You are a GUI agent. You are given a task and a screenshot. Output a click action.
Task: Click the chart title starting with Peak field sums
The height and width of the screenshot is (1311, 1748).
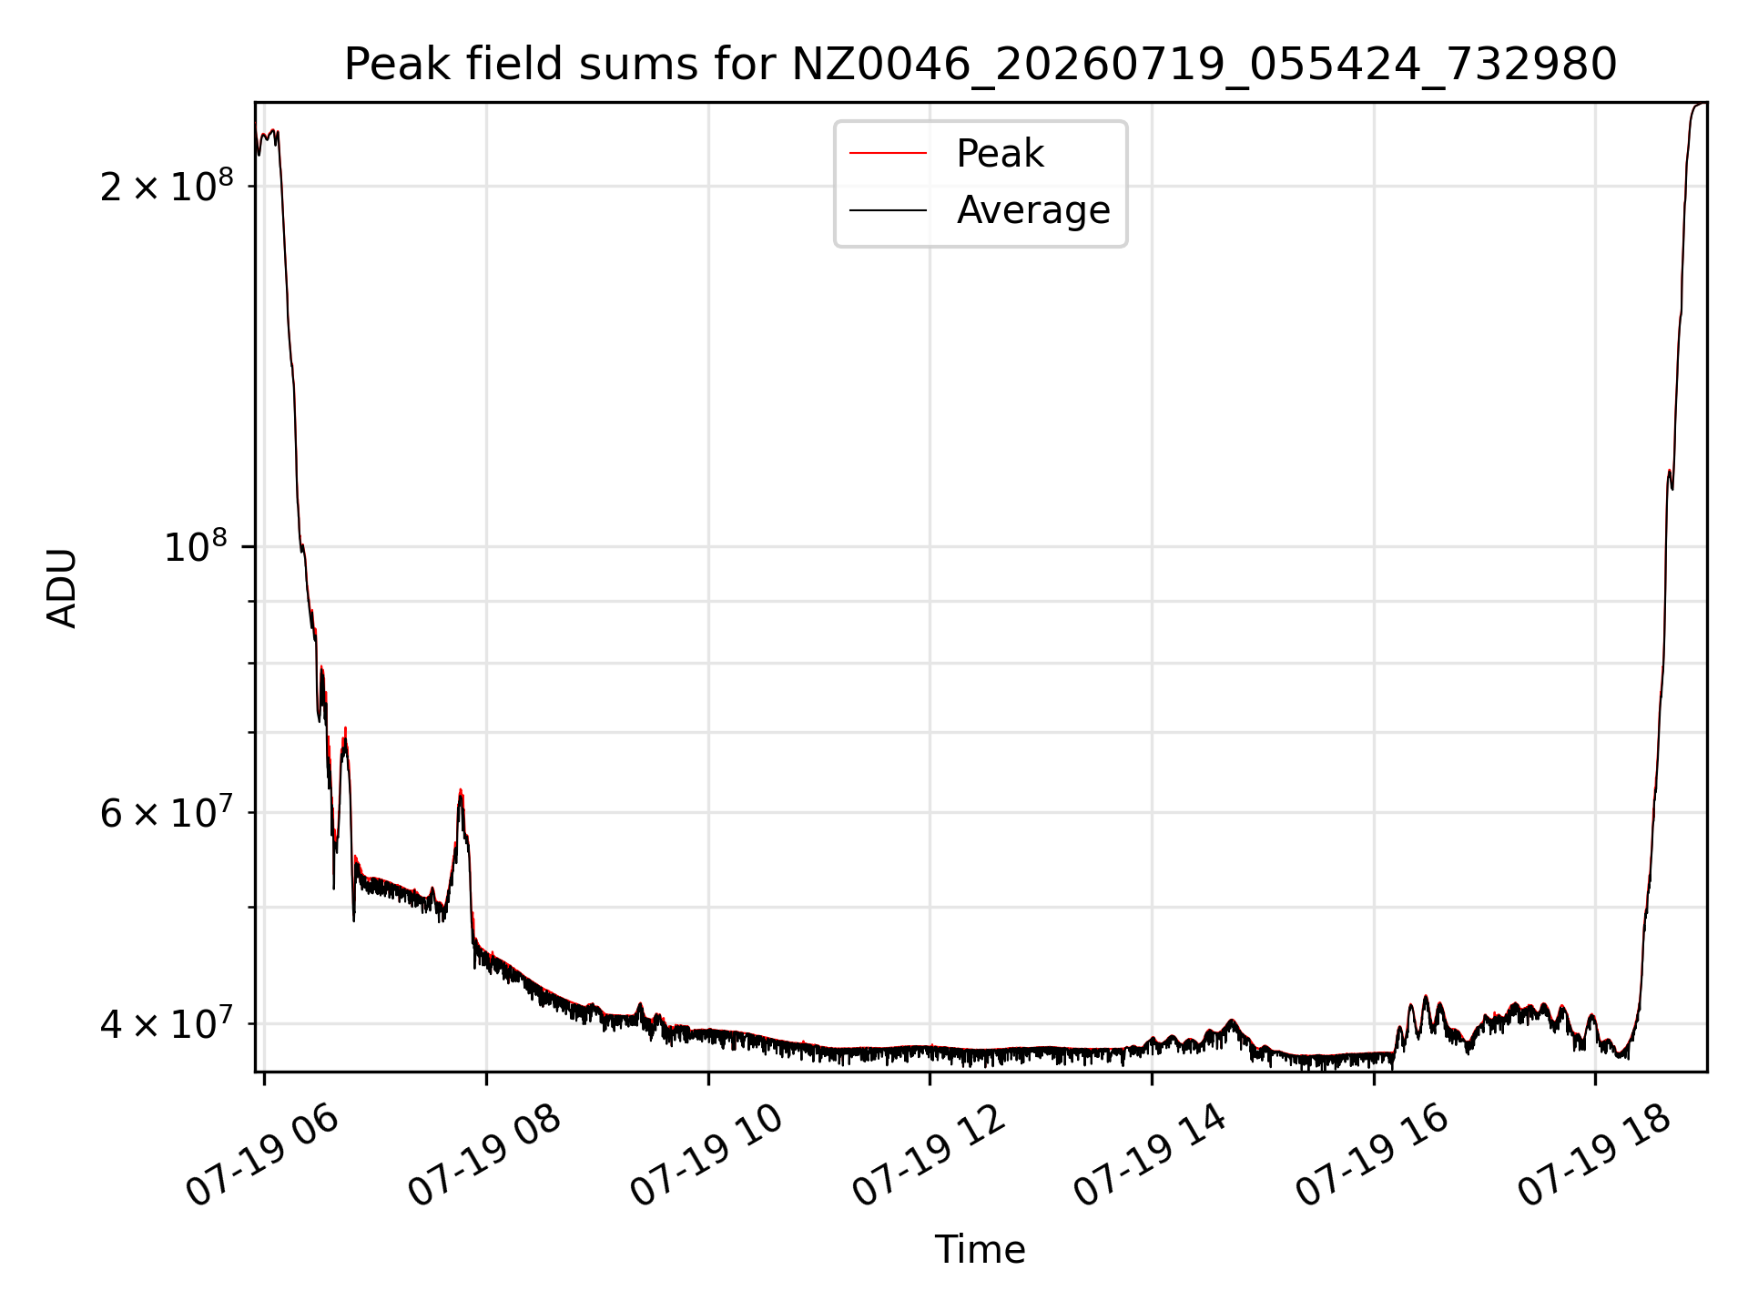(981, 65)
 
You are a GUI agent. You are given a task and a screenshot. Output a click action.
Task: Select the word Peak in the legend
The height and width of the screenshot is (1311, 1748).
(1000, 154)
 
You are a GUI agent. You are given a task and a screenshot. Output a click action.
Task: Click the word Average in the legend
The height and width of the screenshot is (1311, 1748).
(1033, 210)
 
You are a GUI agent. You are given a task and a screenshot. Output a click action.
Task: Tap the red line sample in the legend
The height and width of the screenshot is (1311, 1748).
(889, 154)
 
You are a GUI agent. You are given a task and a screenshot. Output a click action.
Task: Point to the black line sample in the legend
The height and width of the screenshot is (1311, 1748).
(889, 210)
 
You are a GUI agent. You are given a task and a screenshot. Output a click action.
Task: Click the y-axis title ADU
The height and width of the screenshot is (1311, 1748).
(62, 587)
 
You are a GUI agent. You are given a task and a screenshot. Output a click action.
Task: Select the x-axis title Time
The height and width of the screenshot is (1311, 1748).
(981, 1250)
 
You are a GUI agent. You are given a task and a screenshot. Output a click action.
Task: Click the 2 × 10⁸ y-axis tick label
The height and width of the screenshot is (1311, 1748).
(167, 186)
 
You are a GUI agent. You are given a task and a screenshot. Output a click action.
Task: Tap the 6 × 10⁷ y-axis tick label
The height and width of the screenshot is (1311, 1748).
(167, 812)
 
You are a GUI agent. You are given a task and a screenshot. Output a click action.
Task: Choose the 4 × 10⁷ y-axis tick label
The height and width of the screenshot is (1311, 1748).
(167, 1023)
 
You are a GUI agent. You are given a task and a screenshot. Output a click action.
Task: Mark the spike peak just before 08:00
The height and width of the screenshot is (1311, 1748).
(461, 790)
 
